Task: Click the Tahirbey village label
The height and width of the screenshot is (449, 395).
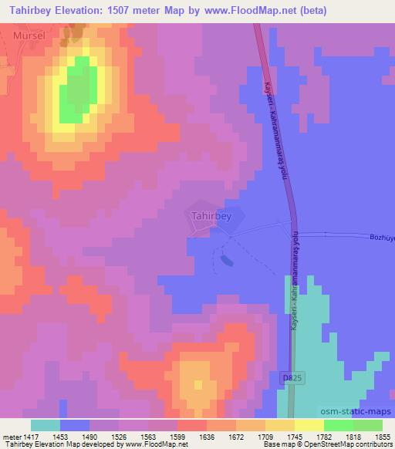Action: coord(211,216)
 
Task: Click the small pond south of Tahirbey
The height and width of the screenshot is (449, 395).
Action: coord(226,261)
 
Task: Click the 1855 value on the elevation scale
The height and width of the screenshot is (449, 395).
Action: coord(381,435)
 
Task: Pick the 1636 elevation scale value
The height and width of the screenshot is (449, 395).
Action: coord(206,435)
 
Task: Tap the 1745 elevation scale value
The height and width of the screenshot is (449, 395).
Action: coord(293,435)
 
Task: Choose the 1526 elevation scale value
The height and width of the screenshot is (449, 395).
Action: coord(117,435)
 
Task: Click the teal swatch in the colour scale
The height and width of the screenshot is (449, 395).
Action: coord(45,425)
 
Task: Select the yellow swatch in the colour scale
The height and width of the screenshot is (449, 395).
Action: coord(309,425)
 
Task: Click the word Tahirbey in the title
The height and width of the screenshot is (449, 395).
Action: coord(32,11)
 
